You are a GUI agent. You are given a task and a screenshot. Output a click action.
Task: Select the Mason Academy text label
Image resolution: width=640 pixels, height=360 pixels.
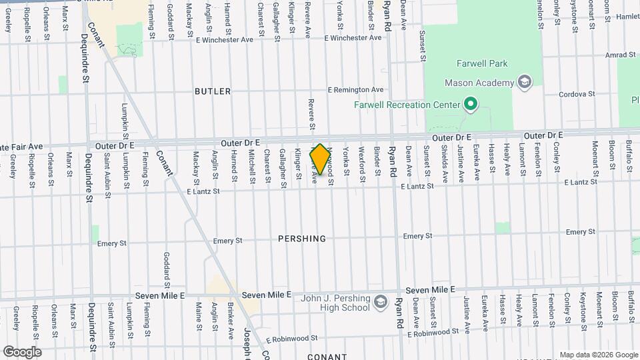[x=480, y=83]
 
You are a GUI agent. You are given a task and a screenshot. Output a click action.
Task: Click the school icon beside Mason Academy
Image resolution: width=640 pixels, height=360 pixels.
[x=525, y=83]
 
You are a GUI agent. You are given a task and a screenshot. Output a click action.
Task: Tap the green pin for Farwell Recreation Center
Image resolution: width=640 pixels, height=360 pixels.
[x=471, y=104]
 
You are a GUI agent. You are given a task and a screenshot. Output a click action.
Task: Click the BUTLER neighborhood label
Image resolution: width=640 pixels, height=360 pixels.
[x=213, y=91]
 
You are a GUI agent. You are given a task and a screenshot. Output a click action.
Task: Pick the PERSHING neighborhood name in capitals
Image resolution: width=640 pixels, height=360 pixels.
[x=302, y=239]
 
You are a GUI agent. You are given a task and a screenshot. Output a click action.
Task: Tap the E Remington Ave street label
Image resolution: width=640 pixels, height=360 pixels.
[x=356, y=89]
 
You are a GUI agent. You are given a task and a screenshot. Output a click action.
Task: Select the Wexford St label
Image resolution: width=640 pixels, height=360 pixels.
[x=362, y=164]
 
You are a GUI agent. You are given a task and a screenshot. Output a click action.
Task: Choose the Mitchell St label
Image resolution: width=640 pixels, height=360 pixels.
[x=251, y=165]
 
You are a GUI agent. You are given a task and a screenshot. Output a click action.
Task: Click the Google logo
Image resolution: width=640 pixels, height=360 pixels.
[x=21, y=351]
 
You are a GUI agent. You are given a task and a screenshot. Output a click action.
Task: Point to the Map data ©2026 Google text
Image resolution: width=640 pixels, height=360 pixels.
[x=598, y=355]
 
